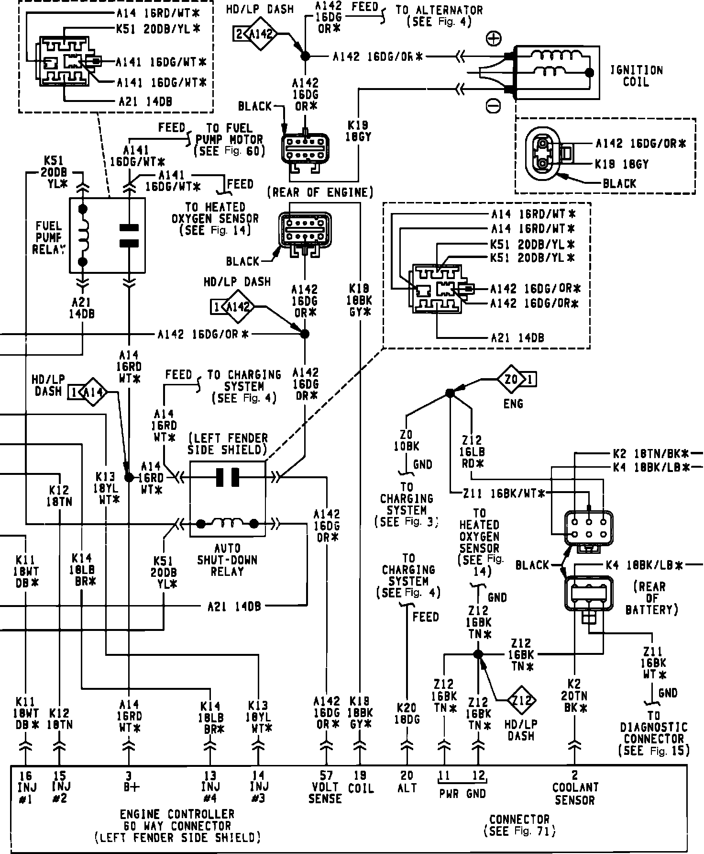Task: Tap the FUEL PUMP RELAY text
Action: [x=48, y=237]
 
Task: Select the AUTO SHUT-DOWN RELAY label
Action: [x=227, y=560]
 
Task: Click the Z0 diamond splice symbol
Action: [x=511, y=380]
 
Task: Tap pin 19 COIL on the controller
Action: [x=360, y=782]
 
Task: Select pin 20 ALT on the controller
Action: [x=407, y=782]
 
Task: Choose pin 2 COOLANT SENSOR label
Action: [x=574, y=787]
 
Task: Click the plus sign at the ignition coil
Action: [x=493, y=38]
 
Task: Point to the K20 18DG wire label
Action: [x=407, y=713]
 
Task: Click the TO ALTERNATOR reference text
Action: [x=439, y=15]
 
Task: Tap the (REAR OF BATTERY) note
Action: [x=652, y=598]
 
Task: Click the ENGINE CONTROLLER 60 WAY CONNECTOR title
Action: [x=177, y=826]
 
